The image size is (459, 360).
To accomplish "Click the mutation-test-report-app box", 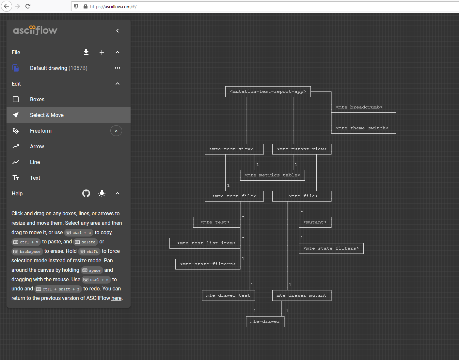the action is [x=268, y=91].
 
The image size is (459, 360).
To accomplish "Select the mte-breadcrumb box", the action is [x=363, y=107].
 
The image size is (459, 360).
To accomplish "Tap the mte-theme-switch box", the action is [x=363, y=128].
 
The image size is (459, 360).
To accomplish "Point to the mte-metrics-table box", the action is [x=272, y=175].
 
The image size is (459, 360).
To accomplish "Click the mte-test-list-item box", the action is [x=206, y=243].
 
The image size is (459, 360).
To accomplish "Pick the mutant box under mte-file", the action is [x=315, y=222].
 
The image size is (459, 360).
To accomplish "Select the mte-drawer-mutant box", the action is [x=302, y=295].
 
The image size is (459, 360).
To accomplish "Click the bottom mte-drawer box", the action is [x=265, y=321].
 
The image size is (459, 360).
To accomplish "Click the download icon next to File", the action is [x=86, y=52].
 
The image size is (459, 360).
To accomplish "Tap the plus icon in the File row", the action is [x=102, y=52].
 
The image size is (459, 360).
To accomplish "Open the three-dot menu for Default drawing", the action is [x=118, y=68].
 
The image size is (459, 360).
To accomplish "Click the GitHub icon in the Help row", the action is [x=86, y=193].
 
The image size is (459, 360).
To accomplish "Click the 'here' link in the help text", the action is [x=117, y=298].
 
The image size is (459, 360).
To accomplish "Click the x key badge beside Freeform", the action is [x=116, y=131].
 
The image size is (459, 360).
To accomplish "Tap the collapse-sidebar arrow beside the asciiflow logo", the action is [x=118, y=31].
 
